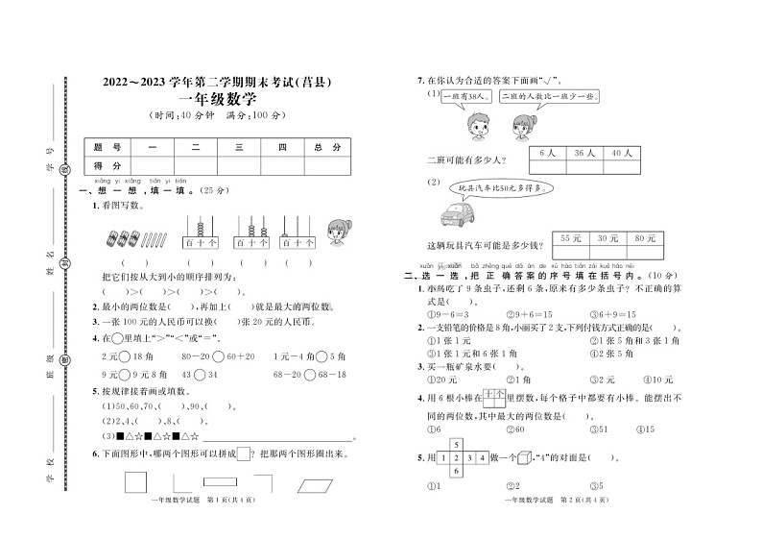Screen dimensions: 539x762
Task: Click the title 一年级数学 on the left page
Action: coord(218,100)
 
